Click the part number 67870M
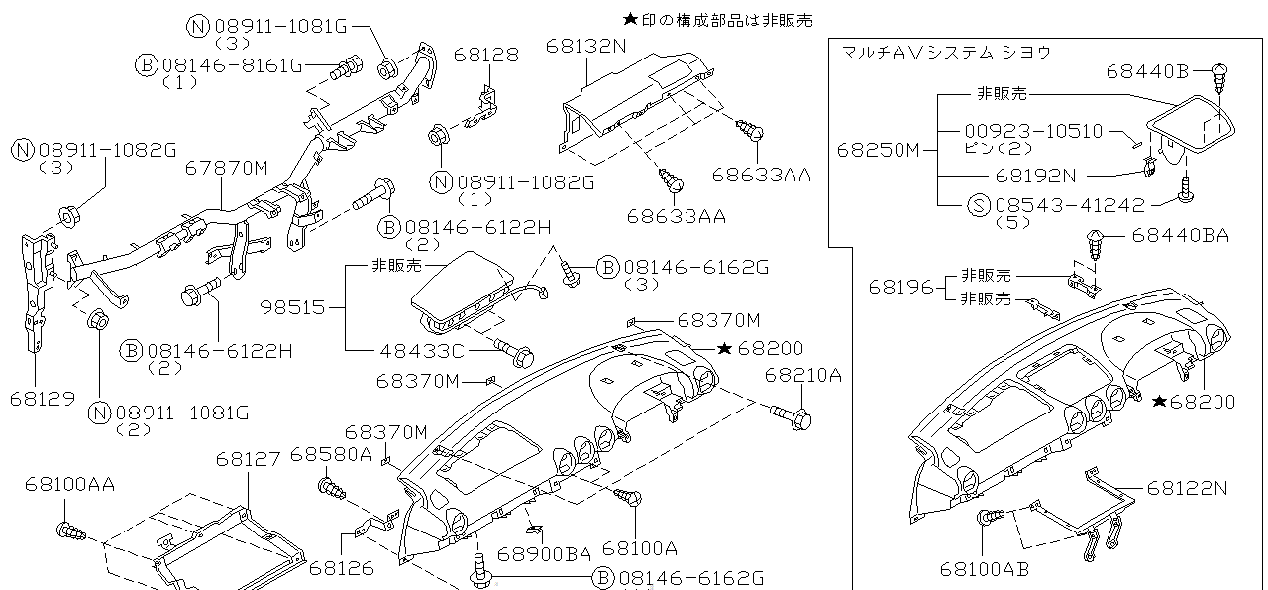point(226,169)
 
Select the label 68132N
point(586,46)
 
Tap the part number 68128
point(486,55)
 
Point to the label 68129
point(43,398)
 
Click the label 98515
point(292,308)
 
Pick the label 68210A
point(802,375)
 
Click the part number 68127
point(249,458)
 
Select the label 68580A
point(331,455)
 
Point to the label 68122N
point(1188,487)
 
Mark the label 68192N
point(1035,175)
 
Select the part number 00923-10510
point(1033,131)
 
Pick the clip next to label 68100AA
point(71,533)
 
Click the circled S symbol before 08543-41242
point(978,206)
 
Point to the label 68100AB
point(984,569)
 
